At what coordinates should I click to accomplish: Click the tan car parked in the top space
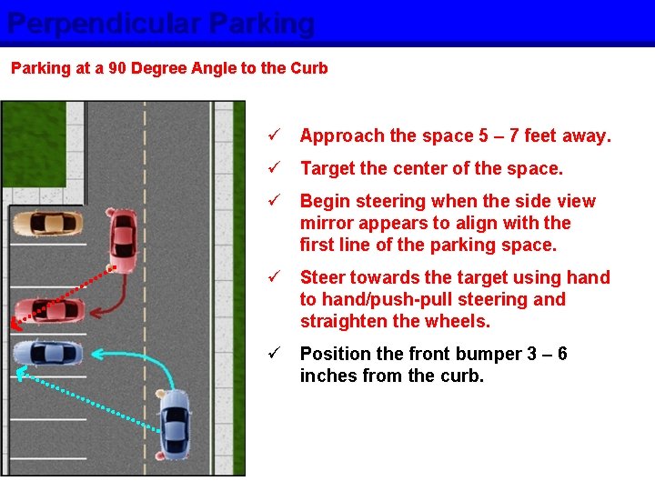click(47, 224)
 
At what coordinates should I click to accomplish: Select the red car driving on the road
click(123, 240)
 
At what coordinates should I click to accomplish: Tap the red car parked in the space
click(49, 311)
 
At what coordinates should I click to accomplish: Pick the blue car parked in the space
click(48, 353)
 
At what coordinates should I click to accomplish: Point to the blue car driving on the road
click(174, 425)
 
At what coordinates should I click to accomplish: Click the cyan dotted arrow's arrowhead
click(21, 373)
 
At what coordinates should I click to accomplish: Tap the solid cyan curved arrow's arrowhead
click(97, 355)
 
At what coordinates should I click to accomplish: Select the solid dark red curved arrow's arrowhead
click(96, 312)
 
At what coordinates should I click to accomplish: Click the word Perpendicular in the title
click(104, 25)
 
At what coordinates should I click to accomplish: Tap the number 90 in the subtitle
click(117, 67)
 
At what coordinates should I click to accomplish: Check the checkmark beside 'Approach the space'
click(275, 134)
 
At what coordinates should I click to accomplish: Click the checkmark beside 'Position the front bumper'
click(275, 353)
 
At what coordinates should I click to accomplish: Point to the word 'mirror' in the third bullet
click(327, 223)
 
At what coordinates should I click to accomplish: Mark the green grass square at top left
click(35, 144)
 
